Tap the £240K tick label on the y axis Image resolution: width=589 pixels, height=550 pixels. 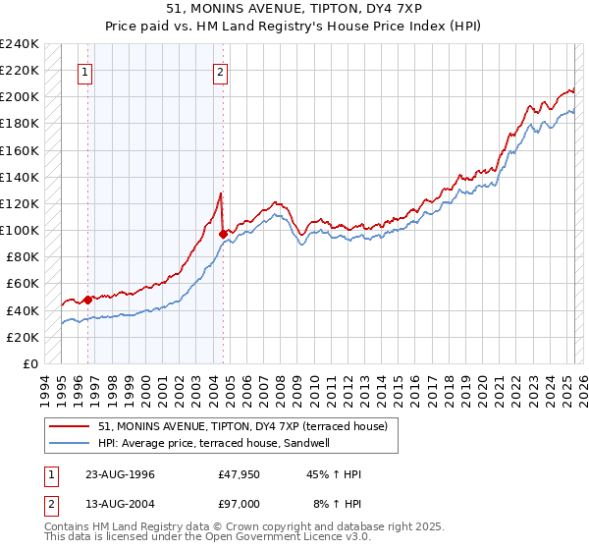coord(20,44)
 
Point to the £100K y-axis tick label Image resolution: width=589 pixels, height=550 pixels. coord(20,230)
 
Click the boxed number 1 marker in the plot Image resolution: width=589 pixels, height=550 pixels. coord(85,71)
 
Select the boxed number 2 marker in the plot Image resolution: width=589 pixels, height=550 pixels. coord(220,71)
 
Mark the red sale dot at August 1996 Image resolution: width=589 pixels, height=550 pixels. coord(87,299)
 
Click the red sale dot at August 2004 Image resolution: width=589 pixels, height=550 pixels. coord(223,234)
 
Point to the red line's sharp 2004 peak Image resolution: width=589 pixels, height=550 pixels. coord(221,192)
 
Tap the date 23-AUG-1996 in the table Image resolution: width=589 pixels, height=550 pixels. coord(120,474)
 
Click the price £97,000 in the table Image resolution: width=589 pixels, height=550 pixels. coord(240,504)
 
